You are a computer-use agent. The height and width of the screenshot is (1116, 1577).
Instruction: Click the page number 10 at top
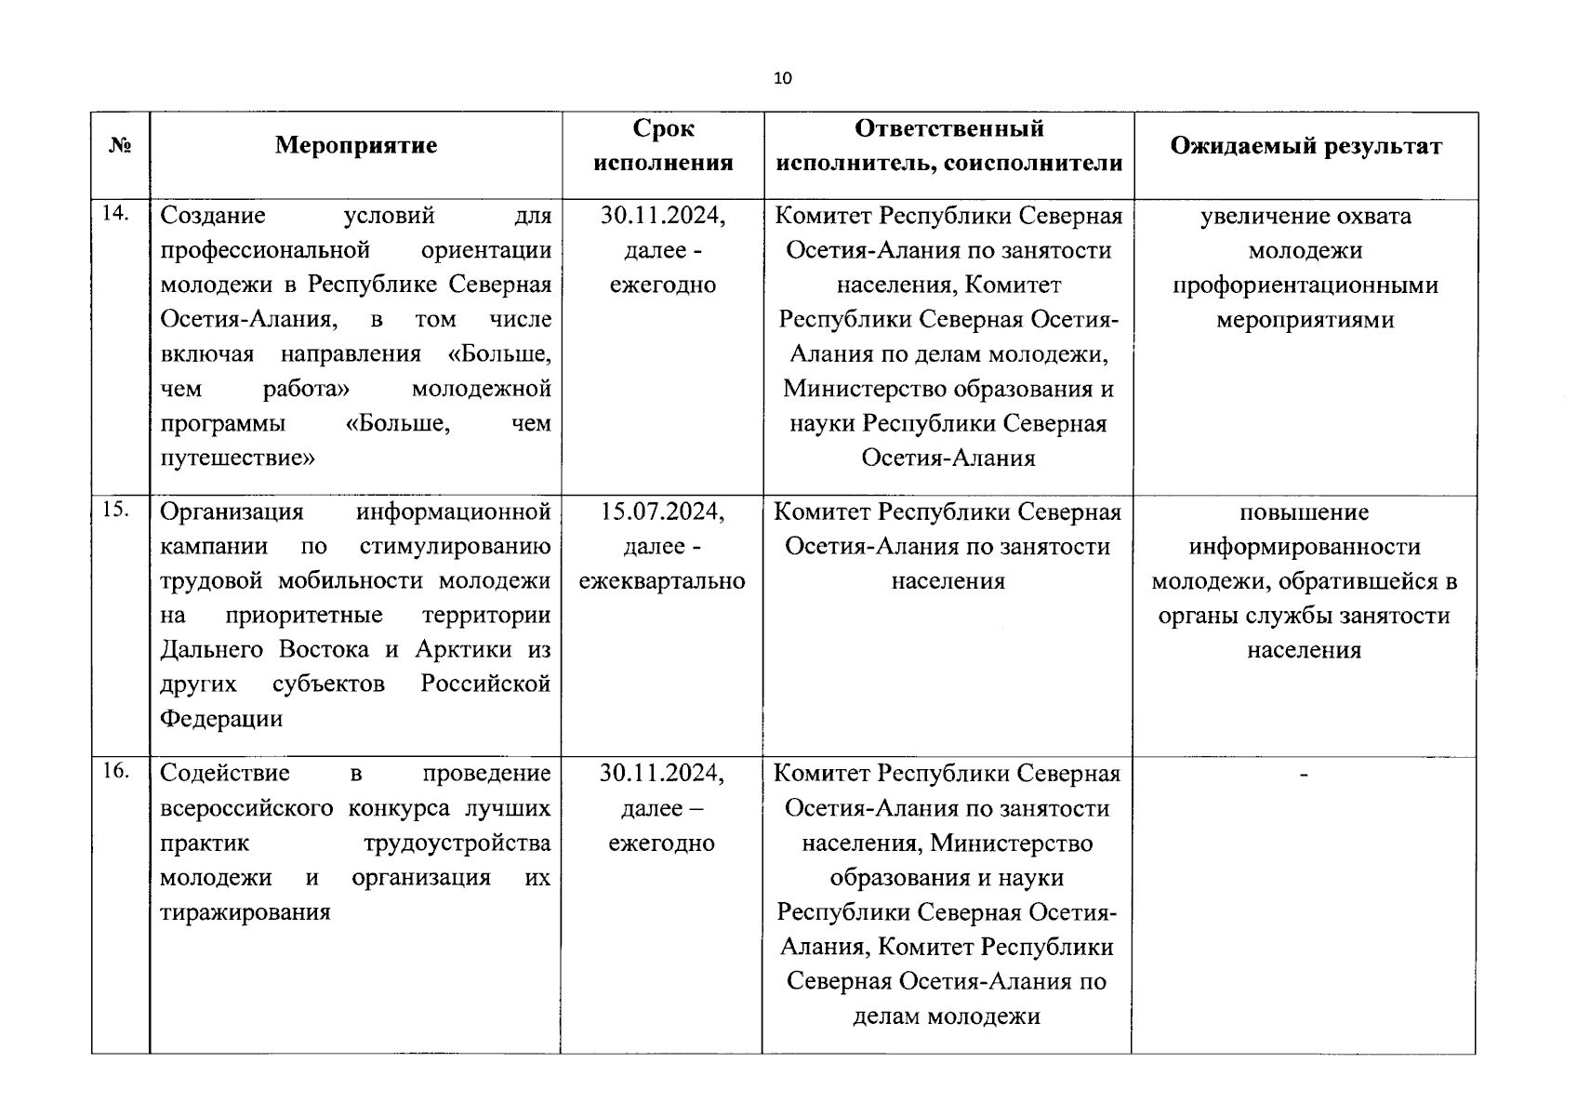783,78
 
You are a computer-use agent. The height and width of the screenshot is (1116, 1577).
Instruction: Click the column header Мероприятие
356,146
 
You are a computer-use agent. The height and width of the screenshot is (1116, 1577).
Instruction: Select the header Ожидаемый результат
1305,146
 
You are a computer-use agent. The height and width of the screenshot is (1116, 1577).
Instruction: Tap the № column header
120,146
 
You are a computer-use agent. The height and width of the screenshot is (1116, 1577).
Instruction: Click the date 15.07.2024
662,511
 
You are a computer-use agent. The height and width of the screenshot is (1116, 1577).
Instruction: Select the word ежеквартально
662,581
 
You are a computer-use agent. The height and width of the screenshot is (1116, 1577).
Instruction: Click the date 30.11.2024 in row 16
662,774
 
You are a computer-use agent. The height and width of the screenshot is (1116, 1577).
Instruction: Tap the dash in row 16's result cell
1304,774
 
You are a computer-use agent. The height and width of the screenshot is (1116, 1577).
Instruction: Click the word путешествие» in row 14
238,458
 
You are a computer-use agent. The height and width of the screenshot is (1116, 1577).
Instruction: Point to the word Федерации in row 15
221,719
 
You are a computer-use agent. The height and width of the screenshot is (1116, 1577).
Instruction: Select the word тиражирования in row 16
245,912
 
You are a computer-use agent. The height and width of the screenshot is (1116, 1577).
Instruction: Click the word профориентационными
1305,286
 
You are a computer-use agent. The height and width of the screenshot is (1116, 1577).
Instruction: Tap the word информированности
1305,547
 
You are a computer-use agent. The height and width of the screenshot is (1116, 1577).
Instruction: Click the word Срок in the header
663,128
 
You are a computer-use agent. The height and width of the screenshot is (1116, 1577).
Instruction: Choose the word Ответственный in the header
948,128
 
